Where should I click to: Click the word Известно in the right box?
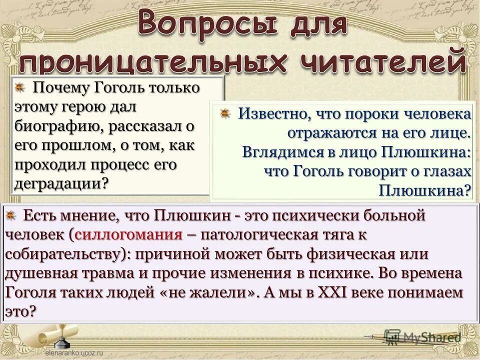pyautogui.click(x=270, y=114)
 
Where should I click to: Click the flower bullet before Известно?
pyautogui.click(x=225, y=113)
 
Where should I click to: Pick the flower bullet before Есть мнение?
pyautogui.click(x=11, y=216)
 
